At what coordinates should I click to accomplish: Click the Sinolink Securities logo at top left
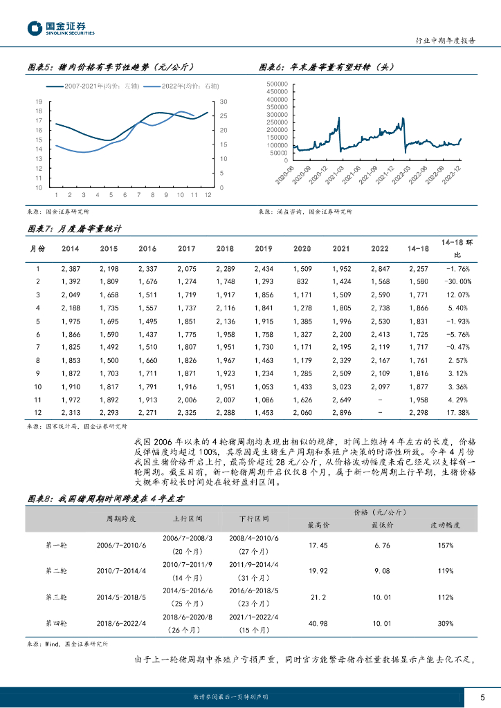coord(61,28)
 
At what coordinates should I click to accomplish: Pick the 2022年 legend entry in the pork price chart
coord(181,86)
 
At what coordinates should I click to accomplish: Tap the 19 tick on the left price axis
coord(39,102)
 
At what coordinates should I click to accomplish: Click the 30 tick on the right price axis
coord(223,102)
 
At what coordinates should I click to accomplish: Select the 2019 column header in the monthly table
coord(264,248)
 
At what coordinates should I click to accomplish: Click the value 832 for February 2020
coord(302,281)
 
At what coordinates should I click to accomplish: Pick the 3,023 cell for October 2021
coord(340,386)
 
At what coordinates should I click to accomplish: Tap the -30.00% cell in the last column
coord(456,281)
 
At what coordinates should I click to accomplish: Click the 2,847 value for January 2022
coord(379,268)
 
